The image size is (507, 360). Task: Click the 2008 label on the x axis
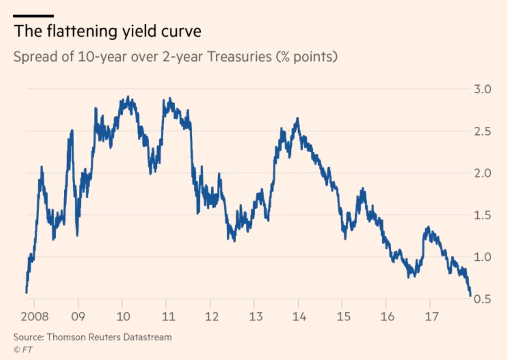pyautogui.click(x=35, y=316)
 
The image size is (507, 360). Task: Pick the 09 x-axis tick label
pyautogui.click(x=78, y=316)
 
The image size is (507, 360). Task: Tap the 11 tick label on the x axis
pyautogui.click(x=166, y=316)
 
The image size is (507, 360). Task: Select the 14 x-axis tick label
pyautogui.click(x=298, y=316)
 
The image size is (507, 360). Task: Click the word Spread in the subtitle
pyautogui.click(x=33, y=57)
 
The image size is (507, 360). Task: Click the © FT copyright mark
pyautogui.click(x=20, y=350)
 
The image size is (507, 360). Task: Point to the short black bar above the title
pyautogui.click(x=33, y=16)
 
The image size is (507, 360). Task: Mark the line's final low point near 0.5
pyautogui.click(x=471, y=296)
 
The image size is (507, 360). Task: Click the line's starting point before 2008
pyautogui.click(x=26, y=292)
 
